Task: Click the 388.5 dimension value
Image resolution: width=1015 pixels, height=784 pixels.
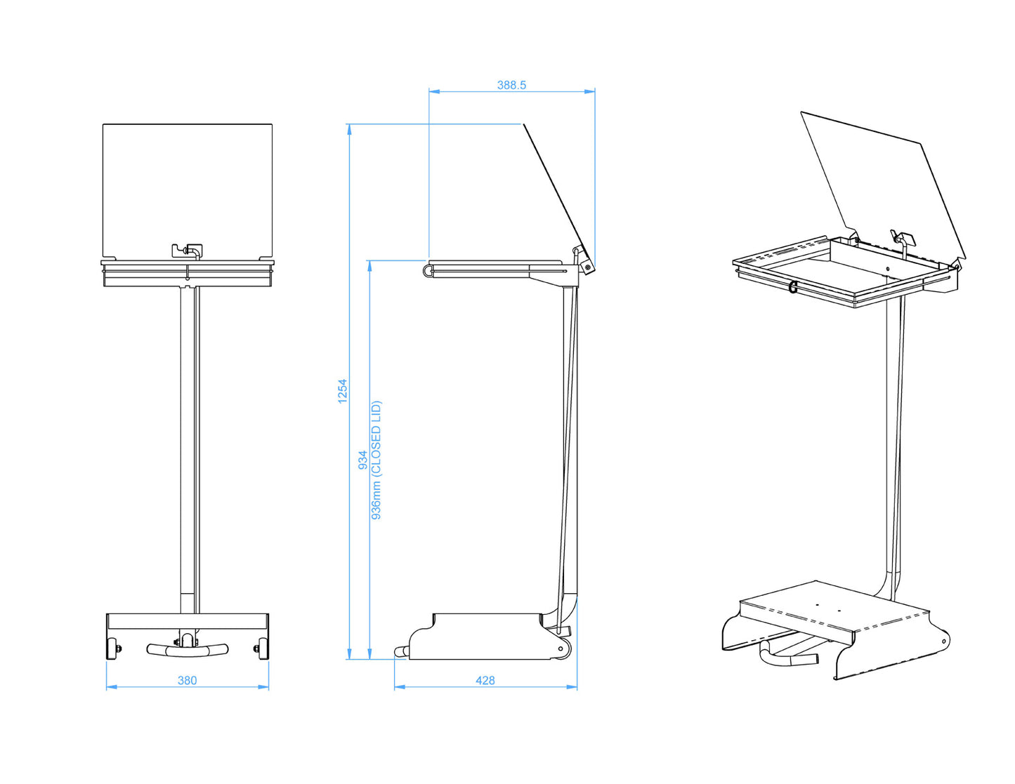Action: coord(511,85)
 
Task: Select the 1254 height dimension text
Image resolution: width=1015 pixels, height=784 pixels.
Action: coord(343,391)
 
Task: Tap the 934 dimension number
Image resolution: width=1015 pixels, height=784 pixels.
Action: coord(362,460)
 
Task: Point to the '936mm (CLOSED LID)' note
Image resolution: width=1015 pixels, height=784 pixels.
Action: coord(376,460)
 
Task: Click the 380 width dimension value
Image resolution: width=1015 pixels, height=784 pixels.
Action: coord(187,680)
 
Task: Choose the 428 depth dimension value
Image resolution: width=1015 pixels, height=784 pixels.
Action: coord(485,680)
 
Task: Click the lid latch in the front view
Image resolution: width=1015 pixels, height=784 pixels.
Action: coord(188,249)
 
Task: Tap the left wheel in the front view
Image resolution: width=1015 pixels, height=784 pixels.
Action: coord(111,649)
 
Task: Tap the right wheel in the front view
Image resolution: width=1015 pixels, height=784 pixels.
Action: coord(263,649)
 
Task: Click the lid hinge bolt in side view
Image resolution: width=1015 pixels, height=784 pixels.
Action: coord(587,267)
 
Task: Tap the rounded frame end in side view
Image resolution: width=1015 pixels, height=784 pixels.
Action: coord(427,270)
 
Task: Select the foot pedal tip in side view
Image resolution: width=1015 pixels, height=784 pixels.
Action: coord(400,652)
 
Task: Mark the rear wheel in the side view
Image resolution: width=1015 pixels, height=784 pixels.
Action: coord(561,649)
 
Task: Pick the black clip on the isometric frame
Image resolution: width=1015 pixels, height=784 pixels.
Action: coord(793,286)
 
